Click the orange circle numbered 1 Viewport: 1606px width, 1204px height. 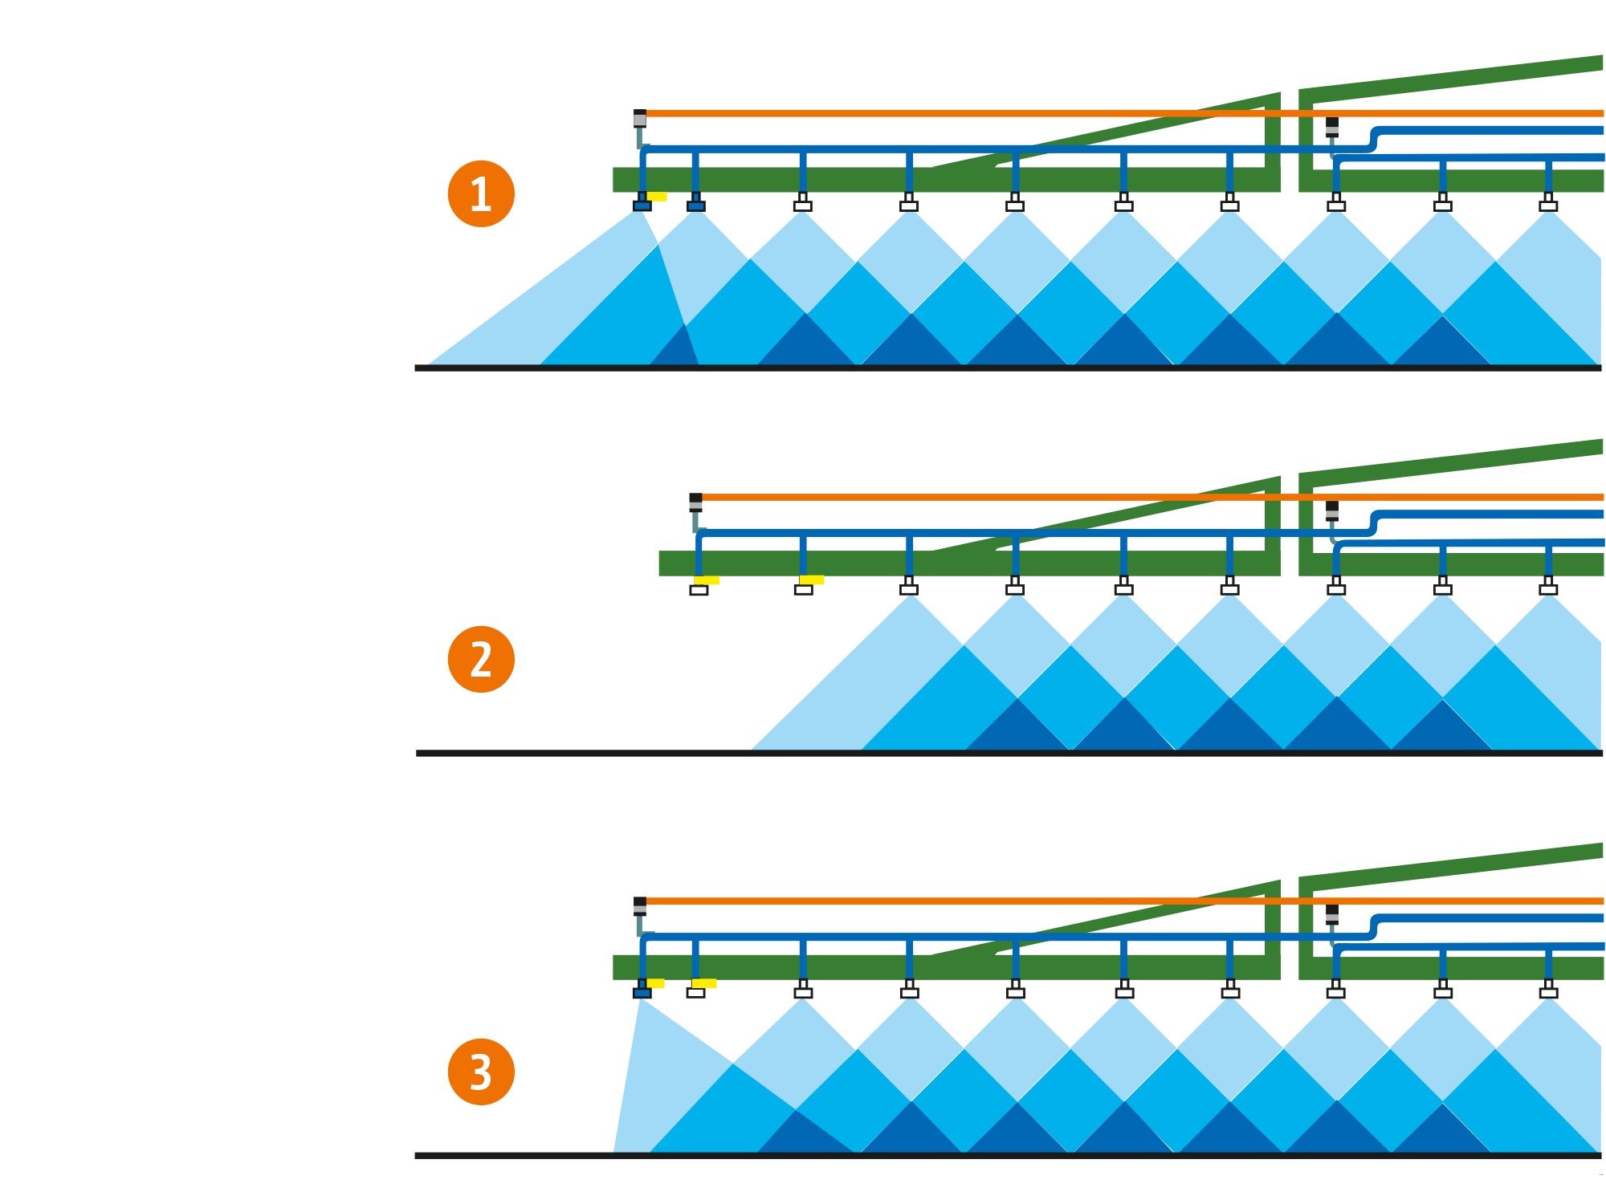click(481, 193)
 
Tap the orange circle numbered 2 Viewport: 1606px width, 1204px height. click(481, 659)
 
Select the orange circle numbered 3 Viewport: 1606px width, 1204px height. click(481, 1072)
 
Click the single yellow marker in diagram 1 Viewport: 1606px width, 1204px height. click(657, 197)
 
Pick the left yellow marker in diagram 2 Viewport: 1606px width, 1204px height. click(707, 580)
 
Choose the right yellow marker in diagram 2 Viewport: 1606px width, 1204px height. click(812, 580)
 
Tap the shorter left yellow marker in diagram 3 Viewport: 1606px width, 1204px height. click(655, 983)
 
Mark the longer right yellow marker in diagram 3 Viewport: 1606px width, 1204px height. click(704, 983)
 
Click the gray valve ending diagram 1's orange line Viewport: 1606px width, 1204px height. click(640, 120)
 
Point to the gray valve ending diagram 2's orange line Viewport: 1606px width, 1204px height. click(695, 504)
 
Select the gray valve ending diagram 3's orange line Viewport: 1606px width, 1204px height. click(640, 907)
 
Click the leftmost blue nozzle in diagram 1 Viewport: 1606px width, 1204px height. click(642, 206)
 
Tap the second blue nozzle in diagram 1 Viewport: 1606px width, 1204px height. click(696, 206)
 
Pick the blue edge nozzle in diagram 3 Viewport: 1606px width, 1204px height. click(642, 993)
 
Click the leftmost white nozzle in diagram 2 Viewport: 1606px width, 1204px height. click(699, 591)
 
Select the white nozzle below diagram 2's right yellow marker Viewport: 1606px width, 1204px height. click(804, 590)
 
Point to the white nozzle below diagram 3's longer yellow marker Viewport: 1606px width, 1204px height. click(696, 993)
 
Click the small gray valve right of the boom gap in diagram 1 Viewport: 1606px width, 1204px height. click(1332, 129)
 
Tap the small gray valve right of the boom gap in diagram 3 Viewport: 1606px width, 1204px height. click(1332, 917)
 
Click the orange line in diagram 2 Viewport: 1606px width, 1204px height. click(1124, 498)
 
